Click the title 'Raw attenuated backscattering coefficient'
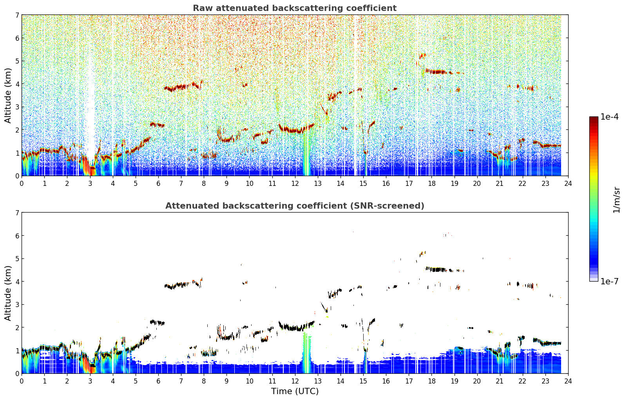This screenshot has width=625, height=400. point(295,8)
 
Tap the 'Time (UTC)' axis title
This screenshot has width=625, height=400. point(295,391)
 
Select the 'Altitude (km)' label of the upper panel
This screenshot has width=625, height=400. point(8,96)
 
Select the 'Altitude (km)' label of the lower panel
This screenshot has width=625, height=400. point(8,293)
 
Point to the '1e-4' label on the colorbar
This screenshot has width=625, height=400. point(609,117)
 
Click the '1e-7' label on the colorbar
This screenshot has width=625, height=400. point(609,281)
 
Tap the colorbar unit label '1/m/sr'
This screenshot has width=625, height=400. point(617,200)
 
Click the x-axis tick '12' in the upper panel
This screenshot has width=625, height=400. point(295,184)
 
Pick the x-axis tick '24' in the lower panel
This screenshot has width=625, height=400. point(568,381)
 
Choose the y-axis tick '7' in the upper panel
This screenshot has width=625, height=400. point(17,15)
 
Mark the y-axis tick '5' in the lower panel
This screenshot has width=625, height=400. point(17,259)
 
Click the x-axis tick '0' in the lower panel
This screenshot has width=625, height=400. point(22,381)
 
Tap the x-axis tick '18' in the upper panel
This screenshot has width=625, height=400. point(432,184)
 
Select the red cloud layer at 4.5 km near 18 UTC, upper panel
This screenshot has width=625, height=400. point(437,72)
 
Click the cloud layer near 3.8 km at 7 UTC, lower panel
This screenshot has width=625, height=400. point(181,285)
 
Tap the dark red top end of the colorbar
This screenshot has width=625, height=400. point(594,118)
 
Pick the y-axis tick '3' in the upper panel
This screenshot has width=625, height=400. point(17,107)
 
